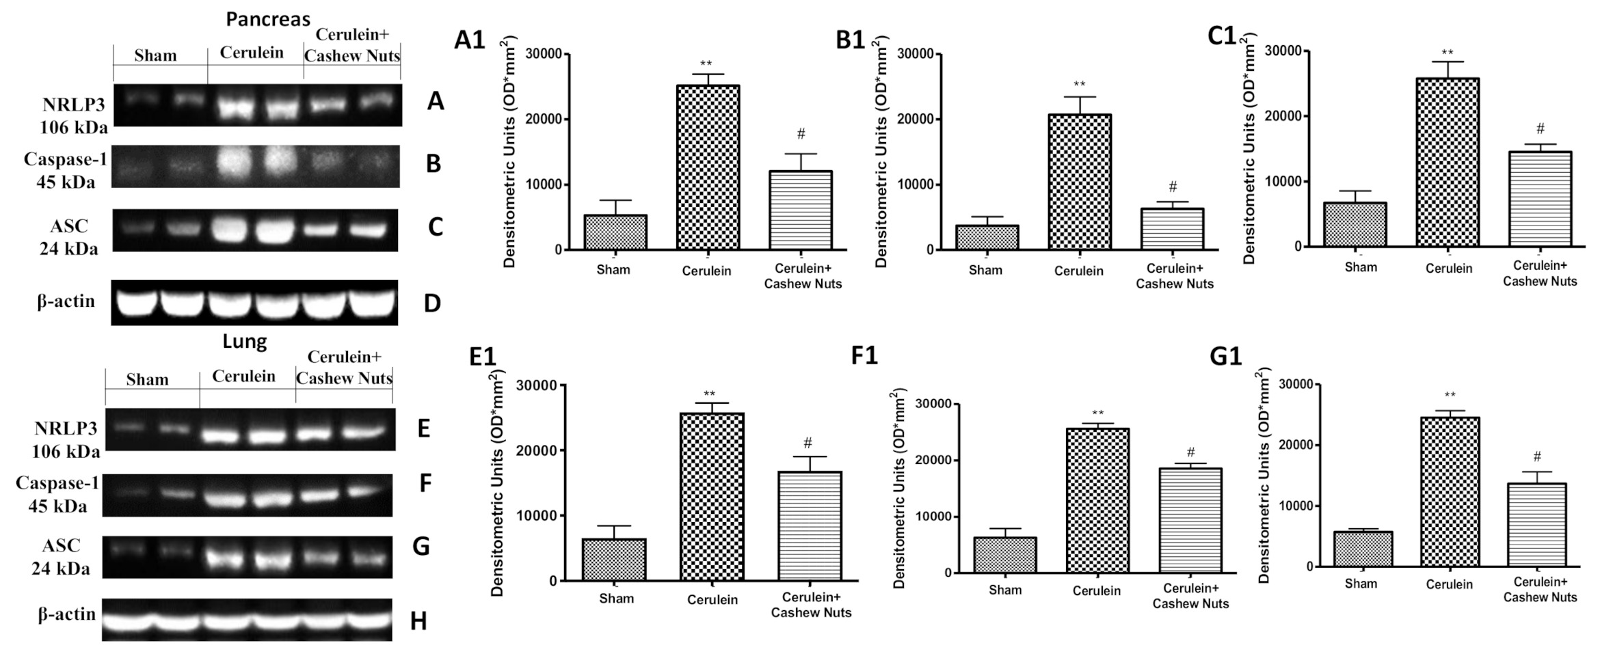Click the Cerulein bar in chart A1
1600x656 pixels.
coord(708,167)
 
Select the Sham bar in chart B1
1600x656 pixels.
coord(987,237)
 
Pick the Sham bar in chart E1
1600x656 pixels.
coord(615,560)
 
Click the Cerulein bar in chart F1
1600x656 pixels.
coord(1097,501)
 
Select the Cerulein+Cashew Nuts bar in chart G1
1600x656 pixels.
coord(1536,525)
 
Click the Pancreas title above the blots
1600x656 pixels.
coord(268,19)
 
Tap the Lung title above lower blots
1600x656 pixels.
coord(244,341)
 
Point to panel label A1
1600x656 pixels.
coord(470,41)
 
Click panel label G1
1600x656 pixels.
coord(1225,357)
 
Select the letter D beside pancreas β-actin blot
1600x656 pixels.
coord(432,303)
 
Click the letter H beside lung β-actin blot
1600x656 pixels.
coord(418,621)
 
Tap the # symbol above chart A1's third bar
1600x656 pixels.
coord(801,134)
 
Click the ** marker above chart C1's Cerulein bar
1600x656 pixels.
coord(1447,53)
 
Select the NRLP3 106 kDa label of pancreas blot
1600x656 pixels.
coord(73,115)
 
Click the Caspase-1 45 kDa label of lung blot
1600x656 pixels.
coord(58,495)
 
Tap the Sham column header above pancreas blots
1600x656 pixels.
coord(155,55)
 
